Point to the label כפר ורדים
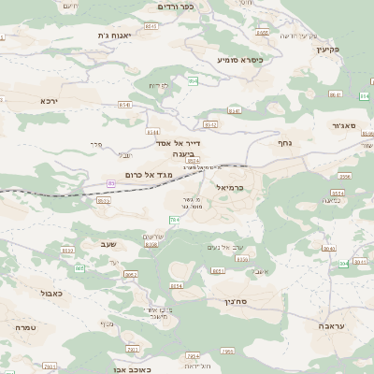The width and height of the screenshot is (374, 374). [x=175, y=7]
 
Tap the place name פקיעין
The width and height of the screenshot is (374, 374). [x=326, y=49]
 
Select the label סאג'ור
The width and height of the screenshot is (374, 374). [x=343, y=124]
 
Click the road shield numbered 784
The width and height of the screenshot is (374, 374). [x=174, y=219]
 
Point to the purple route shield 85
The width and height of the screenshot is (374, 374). [x=111, y=183]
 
